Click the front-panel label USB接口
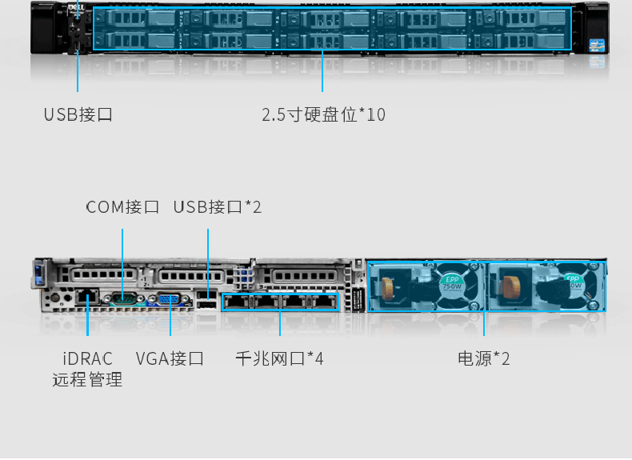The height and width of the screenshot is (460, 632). coord(78,114)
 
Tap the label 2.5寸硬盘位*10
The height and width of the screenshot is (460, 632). coord(323,114)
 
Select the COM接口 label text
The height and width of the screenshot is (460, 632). coord(122,207)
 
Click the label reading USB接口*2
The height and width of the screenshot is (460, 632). coord(218,207)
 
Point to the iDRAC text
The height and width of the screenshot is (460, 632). coord(88,358)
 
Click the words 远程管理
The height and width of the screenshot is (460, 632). coord(88,380)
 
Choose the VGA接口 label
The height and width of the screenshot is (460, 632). coord(170,358)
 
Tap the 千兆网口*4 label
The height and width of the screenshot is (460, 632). coord(279,358)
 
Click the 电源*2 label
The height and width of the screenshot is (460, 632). coord(484,358)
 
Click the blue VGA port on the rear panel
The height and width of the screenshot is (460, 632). coord(169,300)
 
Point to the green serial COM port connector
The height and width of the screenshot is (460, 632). coord(122,299)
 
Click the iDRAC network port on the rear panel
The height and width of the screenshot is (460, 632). coord(89,298)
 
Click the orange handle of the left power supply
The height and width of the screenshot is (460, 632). coord(390,285)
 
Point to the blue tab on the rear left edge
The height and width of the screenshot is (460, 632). coord(37,277)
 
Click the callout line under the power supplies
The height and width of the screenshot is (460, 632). coord(484,324)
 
